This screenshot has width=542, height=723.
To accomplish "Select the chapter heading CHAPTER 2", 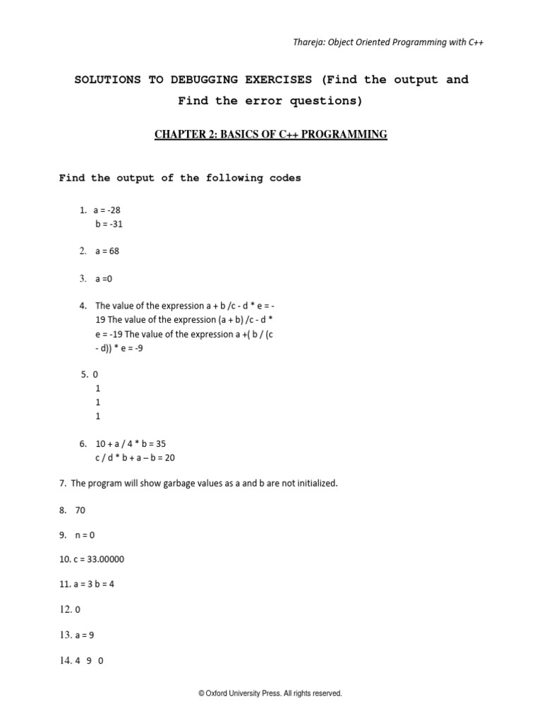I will [185, 135].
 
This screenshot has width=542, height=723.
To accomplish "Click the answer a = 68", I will [107, 251].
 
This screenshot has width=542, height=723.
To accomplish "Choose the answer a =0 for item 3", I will [104, 279].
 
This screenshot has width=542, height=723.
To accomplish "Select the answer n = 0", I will [84, 534].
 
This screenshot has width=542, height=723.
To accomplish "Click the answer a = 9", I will [84, 635].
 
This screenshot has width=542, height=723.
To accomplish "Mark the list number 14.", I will [66, 661].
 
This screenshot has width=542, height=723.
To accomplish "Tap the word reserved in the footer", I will [327, 694].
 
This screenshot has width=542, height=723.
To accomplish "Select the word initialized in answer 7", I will [315, 484].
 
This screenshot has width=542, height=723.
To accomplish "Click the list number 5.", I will [85, 374].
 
